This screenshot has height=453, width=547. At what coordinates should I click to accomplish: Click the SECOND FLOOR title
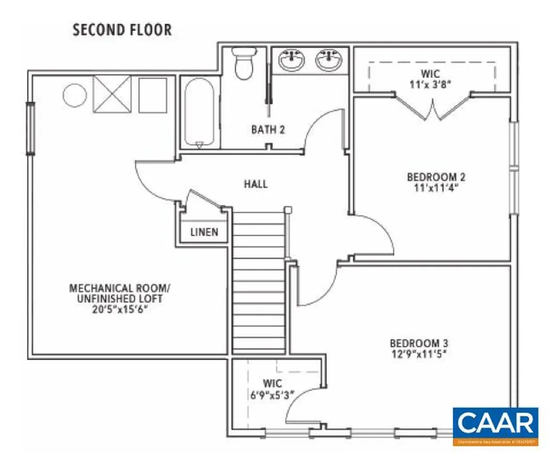tap(122, 29)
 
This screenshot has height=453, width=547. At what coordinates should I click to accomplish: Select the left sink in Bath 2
tap(292, 59)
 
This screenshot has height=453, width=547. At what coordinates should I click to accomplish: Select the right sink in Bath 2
tap(328, 59)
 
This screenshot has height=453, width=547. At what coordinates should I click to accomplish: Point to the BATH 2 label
tap(268, 129)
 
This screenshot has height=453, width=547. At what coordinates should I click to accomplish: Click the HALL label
tap(256, 184)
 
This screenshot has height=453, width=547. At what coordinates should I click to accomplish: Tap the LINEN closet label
tap(204, 232)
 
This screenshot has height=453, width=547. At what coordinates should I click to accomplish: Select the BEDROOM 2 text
tap(432, 177)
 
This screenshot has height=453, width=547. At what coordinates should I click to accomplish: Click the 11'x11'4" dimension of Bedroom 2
tap(432, 188)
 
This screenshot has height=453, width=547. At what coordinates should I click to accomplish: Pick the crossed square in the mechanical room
tap(112, 94)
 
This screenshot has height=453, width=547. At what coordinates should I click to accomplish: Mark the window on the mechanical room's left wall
tap(31, 129)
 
